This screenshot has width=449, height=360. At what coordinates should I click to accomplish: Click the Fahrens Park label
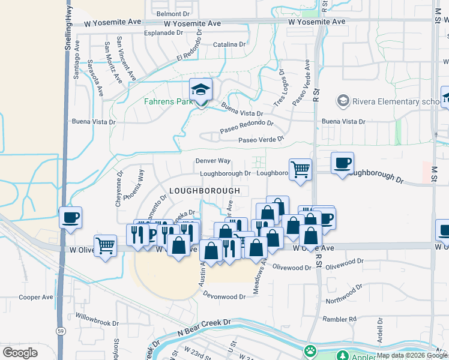(x=168, y=101)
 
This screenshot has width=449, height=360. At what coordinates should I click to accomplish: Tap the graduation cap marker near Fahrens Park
(x=201, y=91)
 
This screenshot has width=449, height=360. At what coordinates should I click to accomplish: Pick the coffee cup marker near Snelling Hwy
(x=70, y=217)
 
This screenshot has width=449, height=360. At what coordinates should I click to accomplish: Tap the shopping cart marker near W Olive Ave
(x=105, y=245)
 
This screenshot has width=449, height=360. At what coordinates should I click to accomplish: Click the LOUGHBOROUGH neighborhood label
(x=205, y=191)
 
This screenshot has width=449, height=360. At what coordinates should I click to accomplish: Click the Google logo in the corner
(x=20, y=352)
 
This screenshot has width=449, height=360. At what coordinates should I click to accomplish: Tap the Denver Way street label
(x=213, y=161)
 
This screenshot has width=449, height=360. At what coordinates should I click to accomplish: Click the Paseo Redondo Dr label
(x=247, y=127)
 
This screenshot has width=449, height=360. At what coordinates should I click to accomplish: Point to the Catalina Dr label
(x=229, y=44)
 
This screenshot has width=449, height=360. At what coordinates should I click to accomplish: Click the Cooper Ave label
(x=36, y=297)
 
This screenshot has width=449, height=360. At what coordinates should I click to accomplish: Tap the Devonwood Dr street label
(x=224, y=296)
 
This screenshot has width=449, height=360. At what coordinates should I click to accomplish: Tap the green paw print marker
(x=310, y=350)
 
